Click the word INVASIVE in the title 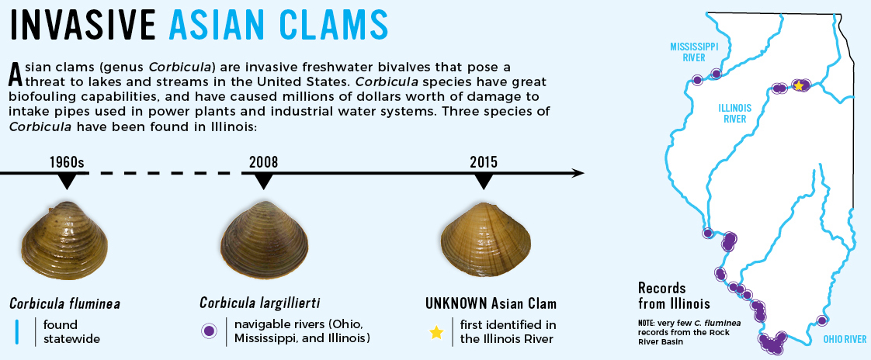(83, 25)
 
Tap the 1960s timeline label (66, 162)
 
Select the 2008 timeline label (263, 162)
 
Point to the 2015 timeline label (484, 162)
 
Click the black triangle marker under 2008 (263, 181)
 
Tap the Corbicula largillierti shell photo (264, 241)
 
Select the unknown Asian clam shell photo (485, 241)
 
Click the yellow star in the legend (436, 332)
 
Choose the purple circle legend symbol (209, 331)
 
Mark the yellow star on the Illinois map (798, 85)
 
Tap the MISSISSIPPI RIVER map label (695, 52)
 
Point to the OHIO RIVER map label (845, 339)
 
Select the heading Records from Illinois (674, 296)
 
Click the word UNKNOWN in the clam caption (456, 303)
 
